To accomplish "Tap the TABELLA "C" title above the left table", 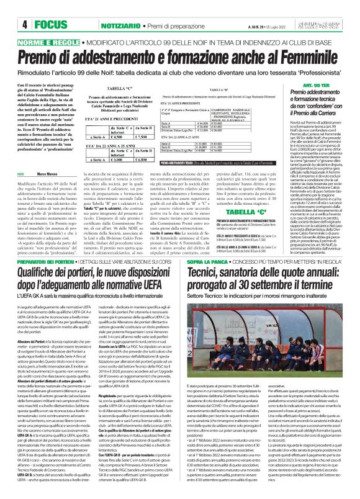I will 135,88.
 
